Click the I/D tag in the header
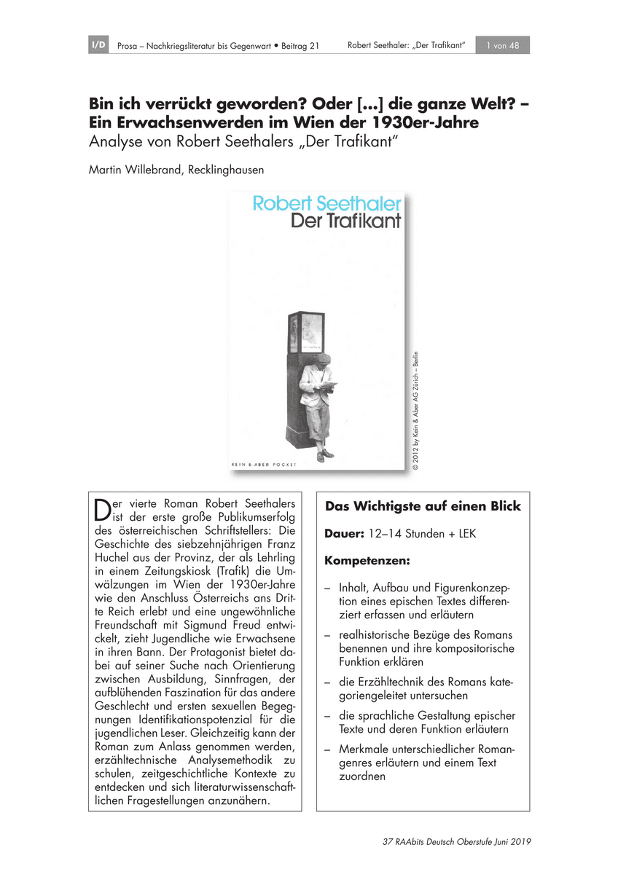(x=98, y=46)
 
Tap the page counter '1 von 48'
(x=502, y=46)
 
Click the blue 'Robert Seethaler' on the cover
(x=326, y=204)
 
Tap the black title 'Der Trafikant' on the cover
(x=346, y=221)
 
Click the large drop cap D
(x=102, y=509)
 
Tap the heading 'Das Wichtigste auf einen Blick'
(x=423, y=506)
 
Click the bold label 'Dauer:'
(x=344, y=534)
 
